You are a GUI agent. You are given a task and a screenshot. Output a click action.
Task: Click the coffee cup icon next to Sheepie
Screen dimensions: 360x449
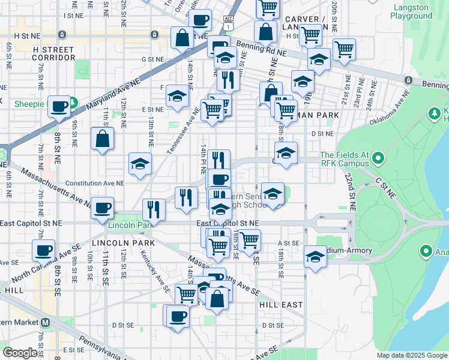click(59, 107)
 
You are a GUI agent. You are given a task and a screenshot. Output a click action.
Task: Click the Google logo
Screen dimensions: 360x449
click(20, 353)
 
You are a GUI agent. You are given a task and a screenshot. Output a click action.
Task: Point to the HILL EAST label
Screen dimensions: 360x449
click(281, 305)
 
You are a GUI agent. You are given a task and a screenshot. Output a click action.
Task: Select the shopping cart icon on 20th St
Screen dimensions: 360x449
click(344, 49)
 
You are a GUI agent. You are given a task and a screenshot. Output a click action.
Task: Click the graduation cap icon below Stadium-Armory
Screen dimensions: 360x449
click(315, 257)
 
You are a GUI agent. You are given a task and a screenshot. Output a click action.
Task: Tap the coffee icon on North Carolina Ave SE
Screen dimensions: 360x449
click(44, 250)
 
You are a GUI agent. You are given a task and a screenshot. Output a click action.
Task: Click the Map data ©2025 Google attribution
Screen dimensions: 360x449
click(411, 355)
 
